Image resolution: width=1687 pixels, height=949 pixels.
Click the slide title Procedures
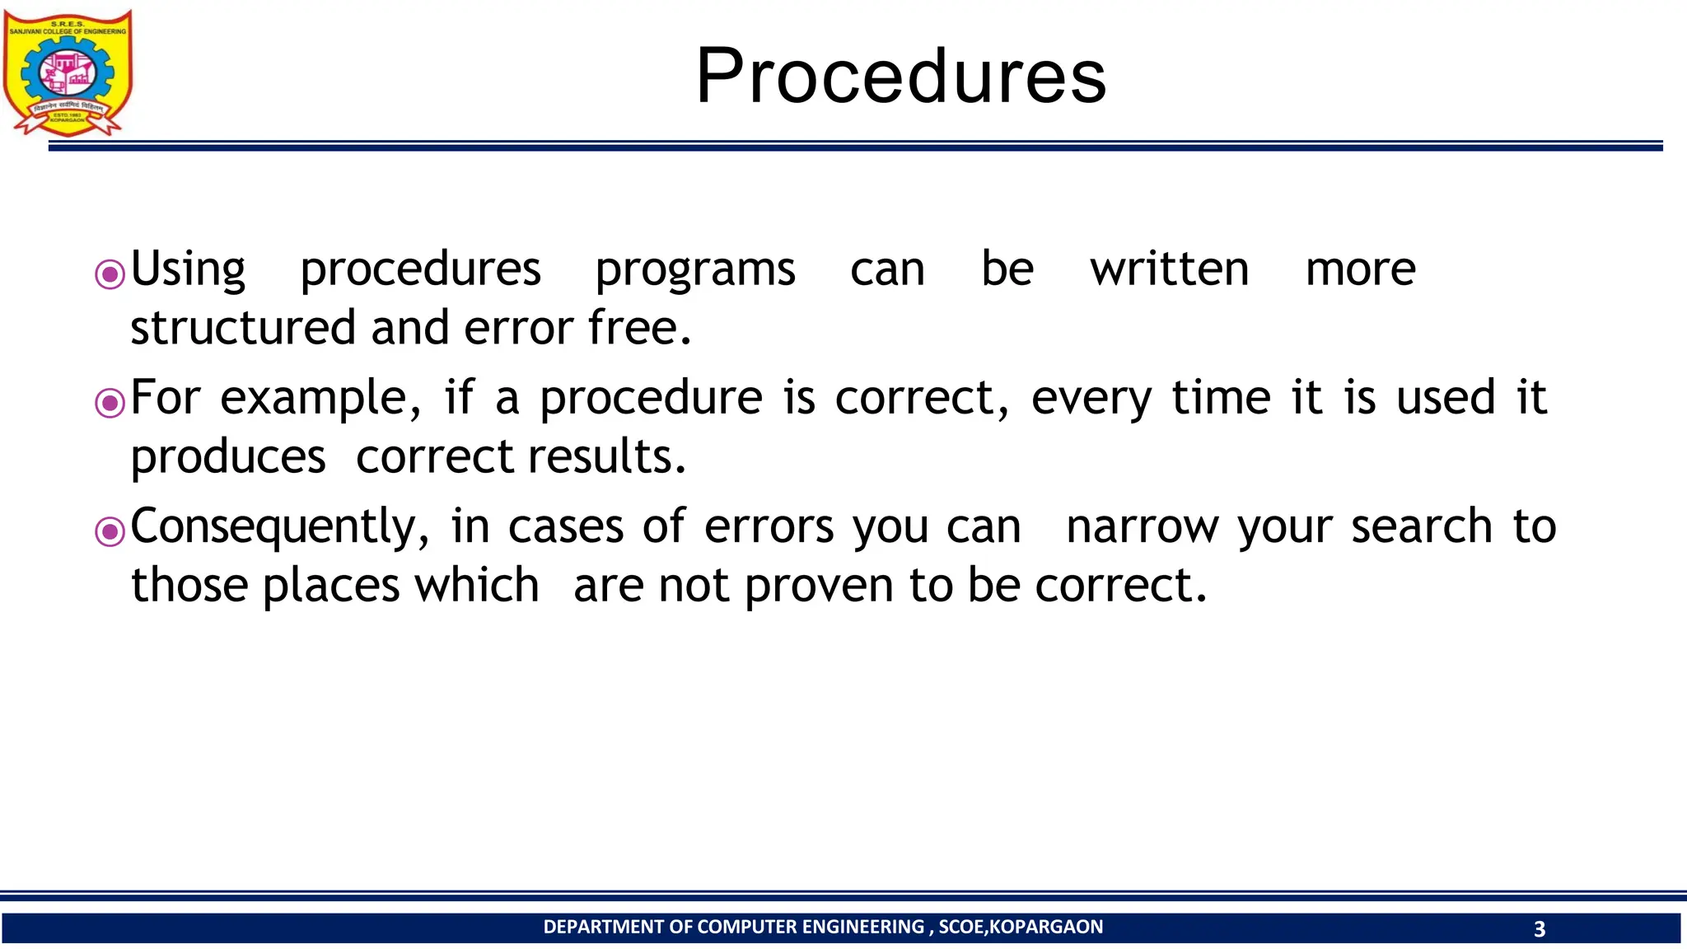(901, 76)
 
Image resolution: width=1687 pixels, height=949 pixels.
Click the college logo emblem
(68, 72)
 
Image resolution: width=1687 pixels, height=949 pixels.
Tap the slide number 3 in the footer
(1539, 929)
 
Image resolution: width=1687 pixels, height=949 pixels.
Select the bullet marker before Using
(110, 274)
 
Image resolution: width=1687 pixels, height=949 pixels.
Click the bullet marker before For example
(110, 403)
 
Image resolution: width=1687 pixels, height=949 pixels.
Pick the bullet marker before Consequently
(110, 531)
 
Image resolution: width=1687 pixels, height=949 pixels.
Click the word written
(1169, 269)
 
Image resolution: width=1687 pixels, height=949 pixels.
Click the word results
(606, 456)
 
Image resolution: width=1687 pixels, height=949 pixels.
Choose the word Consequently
(279, 527)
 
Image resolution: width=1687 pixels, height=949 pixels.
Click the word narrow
(1142, 527)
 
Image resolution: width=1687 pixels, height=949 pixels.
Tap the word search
(1421, 526)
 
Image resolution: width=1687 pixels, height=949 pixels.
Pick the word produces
(228, 458)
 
